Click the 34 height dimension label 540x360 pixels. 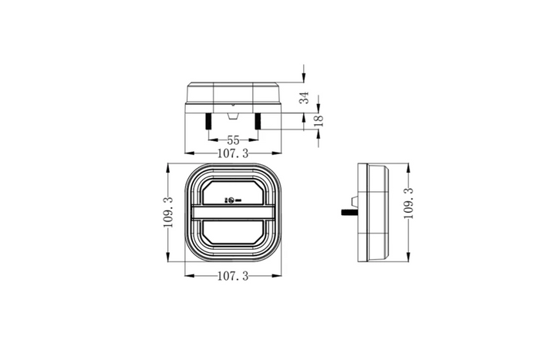point(305,97)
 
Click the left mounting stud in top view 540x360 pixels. point(209,122)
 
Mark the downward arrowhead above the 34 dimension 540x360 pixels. point(305,78)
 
